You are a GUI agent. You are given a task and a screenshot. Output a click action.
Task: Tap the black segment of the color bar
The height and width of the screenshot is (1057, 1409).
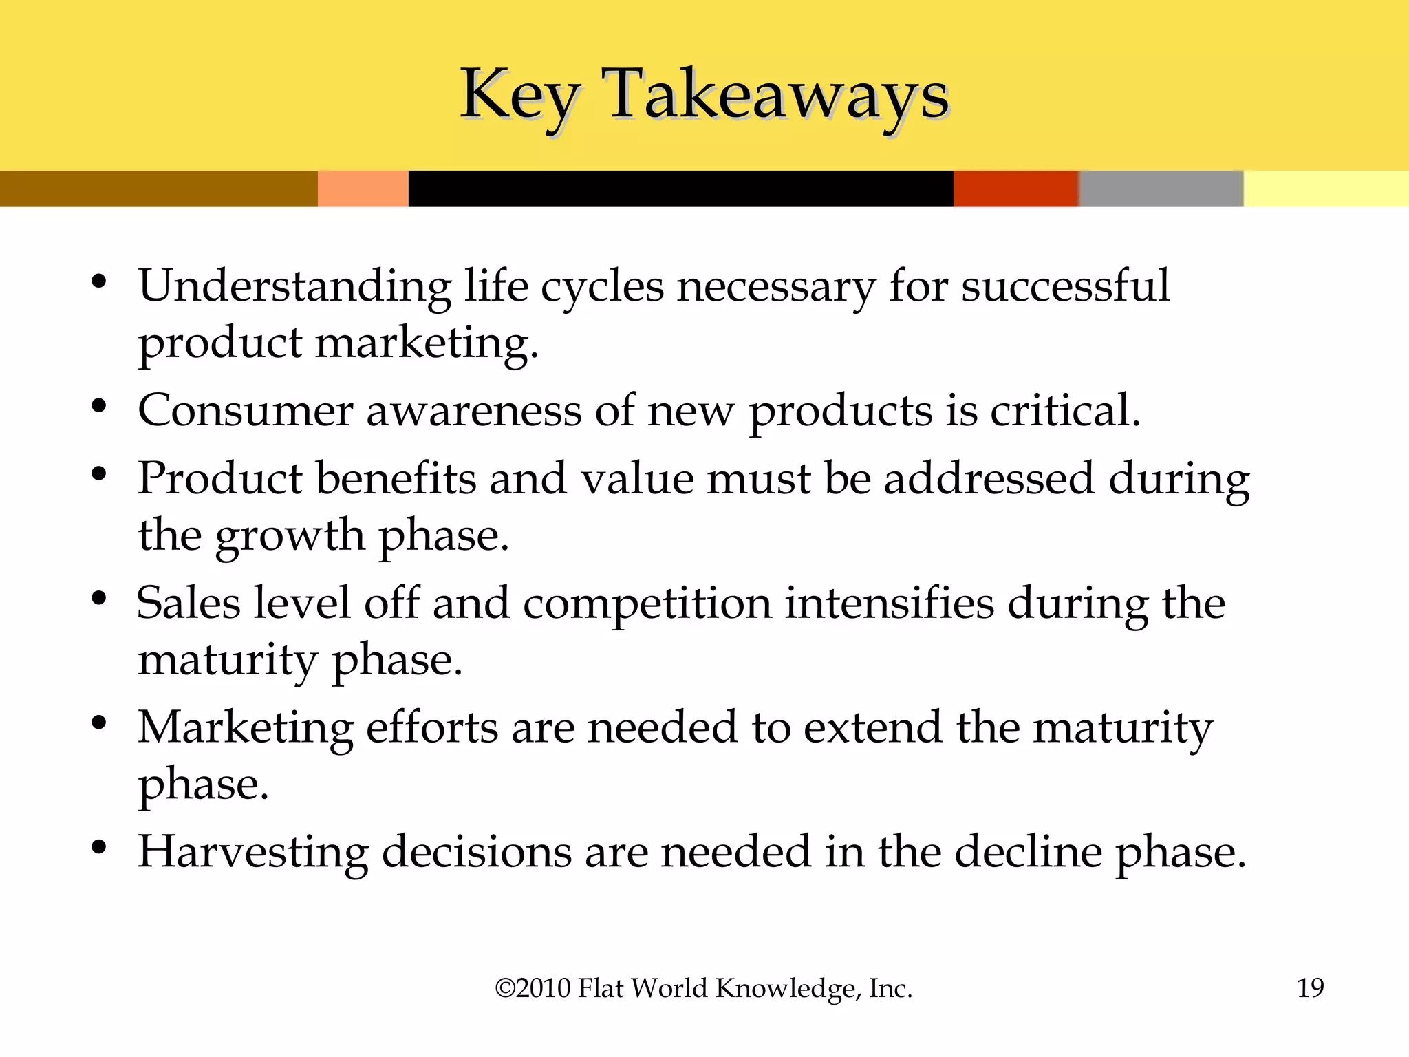pos(680,189)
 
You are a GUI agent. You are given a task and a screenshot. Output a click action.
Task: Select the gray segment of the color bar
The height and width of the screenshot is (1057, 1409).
pos(1161,189)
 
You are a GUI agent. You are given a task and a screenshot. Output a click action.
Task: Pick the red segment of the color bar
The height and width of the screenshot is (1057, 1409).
pos(1015,189)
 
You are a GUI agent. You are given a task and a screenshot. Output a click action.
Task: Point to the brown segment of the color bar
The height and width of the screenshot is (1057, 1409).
pos(158,189)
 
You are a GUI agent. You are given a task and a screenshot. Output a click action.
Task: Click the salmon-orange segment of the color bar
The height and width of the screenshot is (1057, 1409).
pos(363,189)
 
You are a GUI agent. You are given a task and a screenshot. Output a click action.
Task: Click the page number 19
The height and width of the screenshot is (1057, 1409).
pos(1310,988)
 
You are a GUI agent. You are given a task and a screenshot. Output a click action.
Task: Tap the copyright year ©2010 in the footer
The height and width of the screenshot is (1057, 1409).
pos(533,988)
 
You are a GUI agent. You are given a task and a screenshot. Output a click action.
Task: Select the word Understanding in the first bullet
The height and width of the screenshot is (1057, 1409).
pos(295,286)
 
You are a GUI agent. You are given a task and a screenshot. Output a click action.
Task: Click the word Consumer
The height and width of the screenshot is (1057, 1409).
pos(246,411)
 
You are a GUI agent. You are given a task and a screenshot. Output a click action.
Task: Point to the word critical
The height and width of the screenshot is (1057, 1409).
pos(1065,411)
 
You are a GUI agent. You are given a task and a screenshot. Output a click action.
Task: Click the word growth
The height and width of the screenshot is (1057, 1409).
pos(290,537)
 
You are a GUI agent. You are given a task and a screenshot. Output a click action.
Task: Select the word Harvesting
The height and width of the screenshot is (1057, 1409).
pos(253,853)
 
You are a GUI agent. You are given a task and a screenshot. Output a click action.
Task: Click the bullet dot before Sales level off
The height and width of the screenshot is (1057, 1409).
pos(99,599)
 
